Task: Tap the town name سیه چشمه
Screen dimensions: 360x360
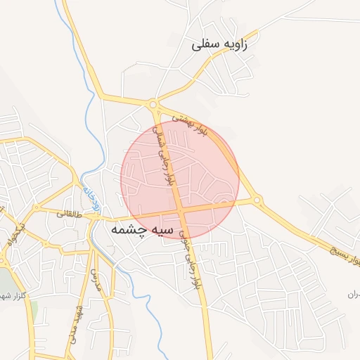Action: [137, 230]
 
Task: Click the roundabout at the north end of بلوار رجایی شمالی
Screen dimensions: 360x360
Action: [153, 105]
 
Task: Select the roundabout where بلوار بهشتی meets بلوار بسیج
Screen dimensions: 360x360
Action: [257, 200]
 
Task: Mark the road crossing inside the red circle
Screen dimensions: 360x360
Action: [180, 211]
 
